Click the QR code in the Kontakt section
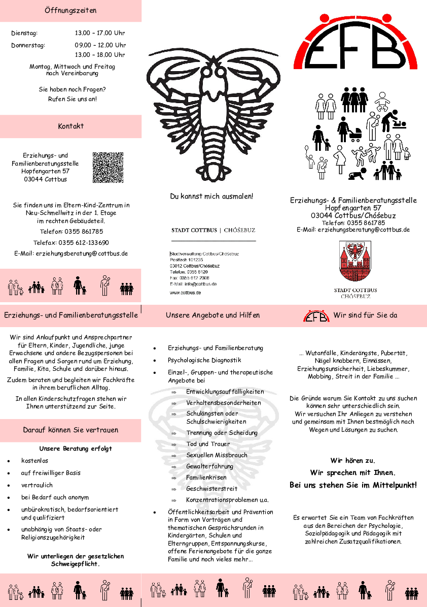(108, 167)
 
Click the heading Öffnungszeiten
(70, 10)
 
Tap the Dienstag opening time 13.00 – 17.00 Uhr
(100, 33)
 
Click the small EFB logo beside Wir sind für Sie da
(316, 316)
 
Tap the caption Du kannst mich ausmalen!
(211, 196)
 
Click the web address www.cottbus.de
(185, 293)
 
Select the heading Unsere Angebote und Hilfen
(212, 315)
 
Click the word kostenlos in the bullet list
(34, 461)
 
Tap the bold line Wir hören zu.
(353, 461)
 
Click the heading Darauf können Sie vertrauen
(70, 430)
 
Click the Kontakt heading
(70, 126)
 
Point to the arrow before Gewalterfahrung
(174, 467)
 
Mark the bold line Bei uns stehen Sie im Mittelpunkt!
(353, 485)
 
